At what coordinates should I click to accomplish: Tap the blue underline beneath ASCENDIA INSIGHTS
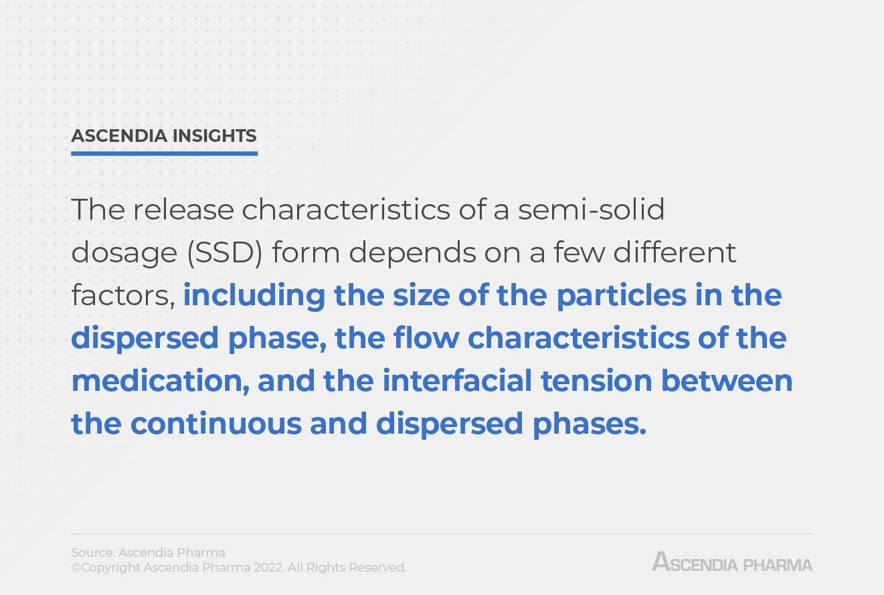pos(164,153)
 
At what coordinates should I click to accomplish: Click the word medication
pos(159,381)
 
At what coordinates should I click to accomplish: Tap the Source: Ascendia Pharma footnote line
pos(148,553)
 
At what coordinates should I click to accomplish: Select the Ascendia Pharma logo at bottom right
pos(732,562)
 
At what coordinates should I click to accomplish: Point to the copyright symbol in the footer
pos(76,568)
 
